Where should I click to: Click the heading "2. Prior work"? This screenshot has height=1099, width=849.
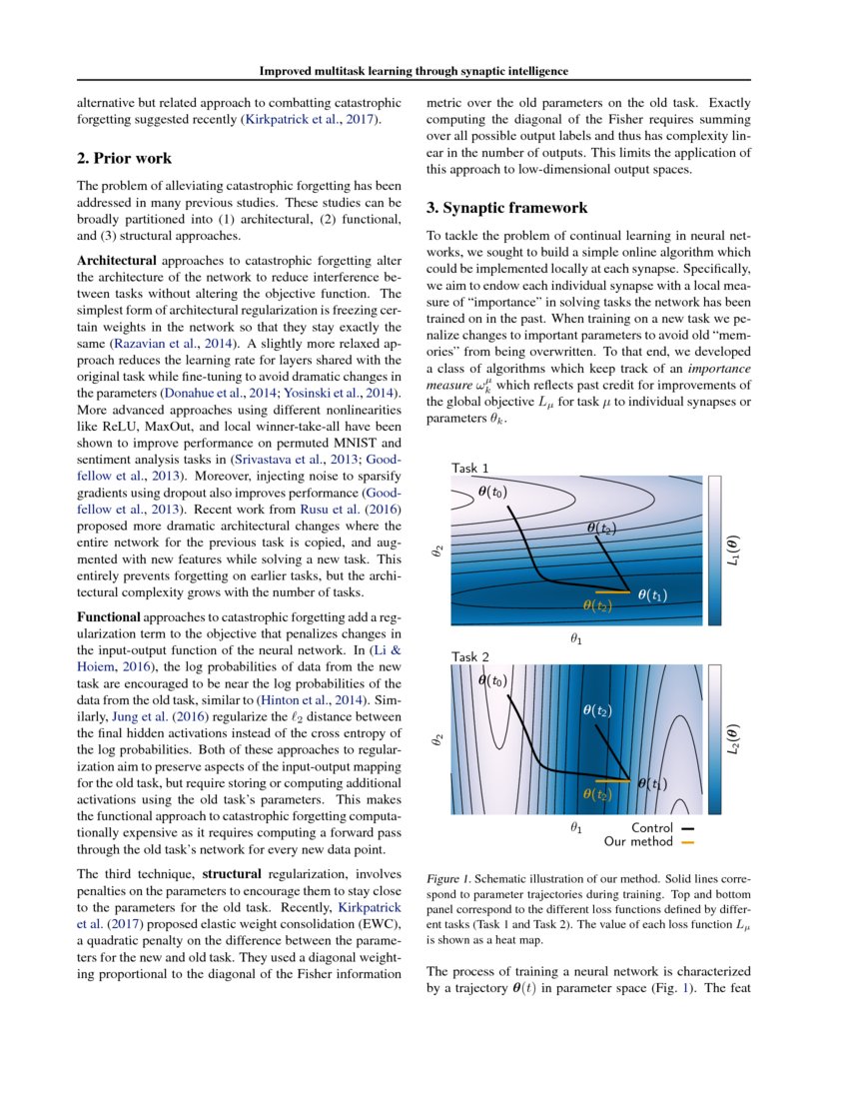(x=124, y=158)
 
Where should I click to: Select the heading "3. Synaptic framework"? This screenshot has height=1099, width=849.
(x=493, y=209)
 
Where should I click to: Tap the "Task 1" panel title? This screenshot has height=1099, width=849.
(x=470, y=468)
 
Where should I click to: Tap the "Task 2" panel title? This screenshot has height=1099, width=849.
(x=470, y=656)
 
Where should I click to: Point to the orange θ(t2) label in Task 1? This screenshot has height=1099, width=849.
(x=598, y=605)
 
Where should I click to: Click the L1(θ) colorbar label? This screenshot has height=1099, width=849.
(x=734, y=549)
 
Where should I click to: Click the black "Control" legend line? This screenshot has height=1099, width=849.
(x=687, y=828)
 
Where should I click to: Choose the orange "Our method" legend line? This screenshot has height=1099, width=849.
(x=687, y=842)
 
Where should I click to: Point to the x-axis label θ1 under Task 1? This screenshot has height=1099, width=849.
(x=576, y=638)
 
